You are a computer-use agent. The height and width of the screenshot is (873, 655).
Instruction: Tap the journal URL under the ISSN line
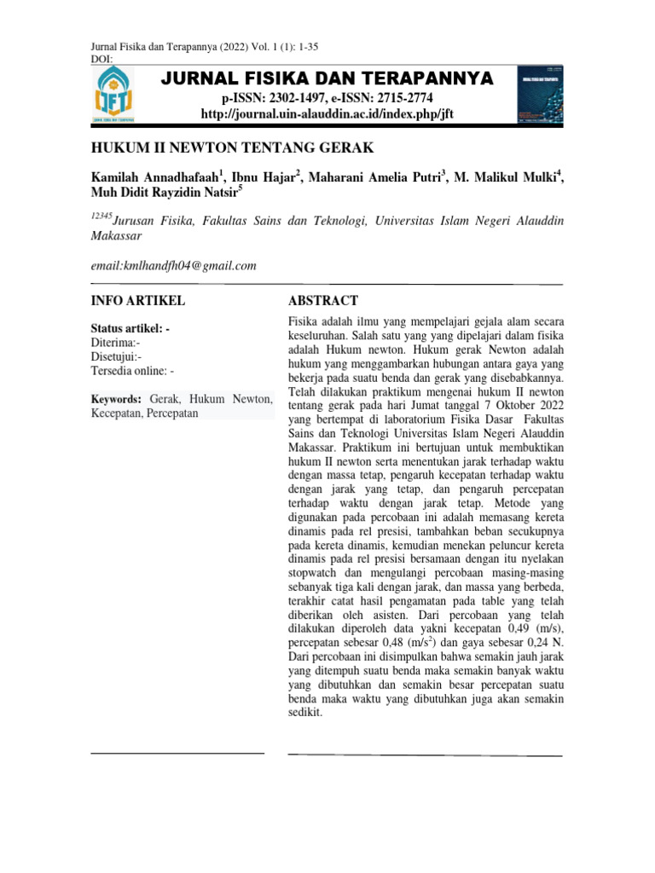[x=327, y=114]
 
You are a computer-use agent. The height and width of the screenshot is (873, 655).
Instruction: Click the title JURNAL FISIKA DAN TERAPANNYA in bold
[x=327, y=79]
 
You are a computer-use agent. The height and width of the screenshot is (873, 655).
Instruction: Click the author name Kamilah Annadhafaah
[x=154, y=177]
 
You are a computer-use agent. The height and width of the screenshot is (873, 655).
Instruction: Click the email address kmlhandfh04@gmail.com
[x=174, y=266]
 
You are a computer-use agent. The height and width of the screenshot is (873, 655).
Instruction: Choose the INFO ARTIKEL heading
[x=137, y=301]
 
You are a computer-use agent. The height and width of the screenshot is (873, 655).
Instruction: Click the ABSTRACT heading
[x=323, y=301]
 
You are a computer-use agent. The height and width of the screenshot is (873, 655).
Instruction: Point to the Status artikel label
[x=132, y=328]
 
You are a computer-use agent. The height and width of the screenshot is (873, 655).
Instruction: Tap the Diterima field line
[x=116, y=343]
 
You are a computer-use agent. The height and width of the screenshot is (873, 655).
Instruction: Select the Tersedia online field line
[x=132, y=371]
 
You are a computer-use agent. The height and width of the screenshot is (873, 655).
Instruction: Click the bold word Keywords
[x=116, y=398]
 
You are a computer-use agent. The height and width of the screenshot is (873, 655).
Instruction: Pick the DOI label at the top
[x=101, y=59]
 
